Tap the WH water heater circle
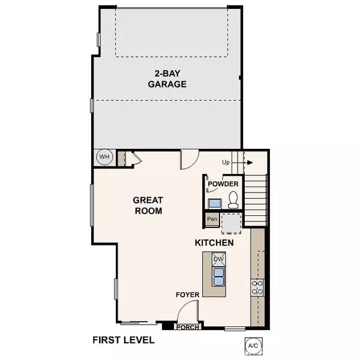pyautogui.click(x=105, y=157)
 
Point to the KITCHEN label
pyautogui.click(x=214, y=243)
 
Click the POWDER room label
pyautogui.click(x=223, y=184)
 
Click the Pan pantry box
pyautogui.click(x=212, y=219)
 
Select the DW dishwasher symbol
pyautogui.click(x=218, y=259)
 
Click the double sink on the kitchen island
pyautogui.click(x=218, y=276)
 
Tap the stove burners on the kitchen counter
pyautogui.click(x=258, y=287)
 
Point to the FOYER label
pyautogui.click(x=187, y=295)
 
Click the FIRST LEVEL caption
pyautogui.click(x=123, y=340)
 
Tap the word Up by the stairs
pyautogui.click(x=226, y=163)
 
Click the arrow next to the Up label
pyautogui.click(x=245, y=163)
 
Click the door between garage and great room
pyautogui.click(x=188, y=158)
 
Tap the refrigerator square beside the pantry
pyautogui.click(x=231, y=223)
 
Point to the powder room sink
pyautogui.click(x=214, y=203)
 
